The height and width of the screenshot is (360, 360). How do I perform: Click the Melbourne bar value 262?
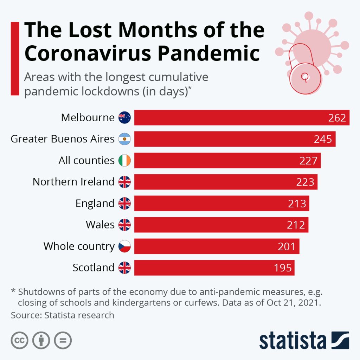[x=337, y=118]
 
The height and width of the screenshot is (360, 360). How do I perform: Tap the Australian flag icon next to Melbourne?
[x=124, y=117]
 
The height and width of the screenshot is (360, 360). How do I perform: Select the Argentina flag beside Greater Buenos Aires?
[x=124, y=139]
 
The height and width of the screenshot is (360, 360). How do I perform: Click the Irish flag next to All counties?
[x=124, y=160]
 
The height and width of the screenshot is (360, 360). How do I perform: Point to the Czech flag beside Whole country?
[x=124, y=246]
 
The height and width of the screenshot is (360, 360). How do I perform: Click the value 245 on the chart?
[x=323, y=139]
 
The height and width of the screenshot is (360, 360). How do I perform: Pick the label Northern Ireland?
[x=73, y=182]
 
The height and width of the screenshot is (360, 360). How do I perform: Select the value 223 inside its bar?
[x=305, y=182]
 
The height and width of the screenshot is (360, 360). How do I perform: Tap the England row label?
[x=95, y=203]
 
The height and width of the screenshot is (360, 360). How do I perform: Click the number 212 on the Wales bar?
[x=296, y=225]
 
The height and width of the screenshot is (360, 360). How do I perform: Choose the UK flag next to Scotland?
[x=124, y=268]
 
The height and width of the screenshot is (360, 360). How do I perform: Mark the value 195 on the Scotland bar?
[x=283, y=268]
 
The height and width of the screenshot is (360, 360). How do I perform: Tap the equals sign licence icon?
[x=63, y=340]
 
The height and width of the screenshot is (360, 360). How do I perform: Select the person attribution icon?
[x=41, y=340]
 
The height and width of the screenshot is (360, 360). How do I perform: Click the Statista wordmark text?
[x=292, y=340]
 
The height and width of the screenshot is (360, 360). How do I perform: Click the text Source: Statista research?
[x=63, y=315]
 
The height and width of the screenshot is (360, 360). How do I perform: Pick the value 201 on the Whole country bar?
[x=287, y=246]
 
